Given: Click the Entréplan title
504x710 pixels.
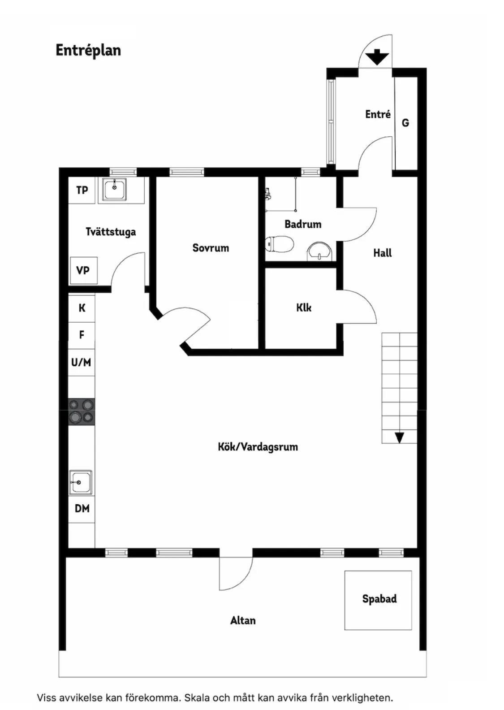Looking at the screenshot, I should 88,50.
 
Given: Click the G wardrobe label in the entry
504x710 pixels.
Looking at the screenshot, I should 405,123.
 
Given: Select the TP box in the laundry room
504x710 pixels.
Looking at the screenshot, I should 82,190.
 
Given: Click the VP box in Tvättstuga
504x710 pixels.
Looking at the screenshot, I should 83,270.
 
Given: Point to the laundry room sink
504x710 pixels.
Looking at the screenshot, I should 115,189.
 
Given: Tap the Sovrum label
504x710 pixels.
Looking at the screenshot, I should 211,248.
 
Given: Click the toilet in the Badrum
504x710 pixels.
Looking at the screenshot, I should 280,244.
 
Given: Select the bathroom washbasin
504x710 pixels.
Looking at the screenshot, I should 319,251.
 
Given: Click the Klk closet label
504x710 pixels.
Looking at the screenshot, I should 303,307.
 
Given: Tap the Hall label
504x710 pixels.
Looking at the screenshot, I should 382,253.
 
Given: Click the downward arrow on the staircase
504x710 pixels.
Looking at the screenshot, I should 399,437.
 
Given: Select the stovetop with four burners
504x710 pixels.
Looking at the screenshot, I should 81,411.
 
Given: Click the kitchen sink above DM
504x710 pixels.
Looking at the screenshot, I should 81,482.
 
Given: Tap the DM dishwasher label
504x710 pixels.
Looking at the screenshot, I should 82,508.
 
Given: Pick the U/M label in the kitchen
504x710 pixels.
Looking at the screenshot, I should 81,362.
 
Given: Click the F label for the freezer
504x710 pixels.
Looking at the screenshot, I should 82,334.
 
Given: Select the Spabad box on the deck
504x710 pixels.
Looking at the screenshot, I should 378,600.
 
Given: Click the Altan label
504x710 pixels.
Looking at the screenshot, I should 243,620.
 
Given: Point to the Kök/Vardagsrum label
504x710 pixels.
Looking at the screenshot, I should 258,447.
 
